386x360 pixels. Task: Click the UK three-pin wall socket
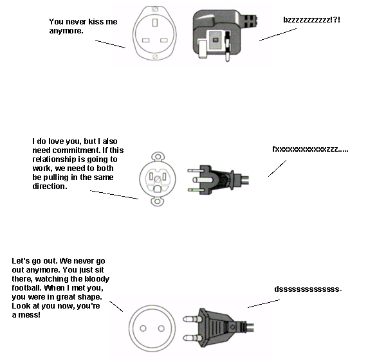tap(155, 34)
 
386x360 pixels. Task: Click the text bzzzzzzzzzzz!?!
tap(311, 19)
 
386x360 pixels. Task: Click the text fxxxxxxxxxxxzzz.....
tap(310, 149)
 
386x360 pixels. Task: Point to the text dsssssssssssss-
tap(308, 290)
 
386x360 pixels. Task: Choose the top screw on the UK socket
tap(154, 10)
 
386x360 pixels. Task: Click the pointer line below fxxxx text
tap(279, 166)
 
